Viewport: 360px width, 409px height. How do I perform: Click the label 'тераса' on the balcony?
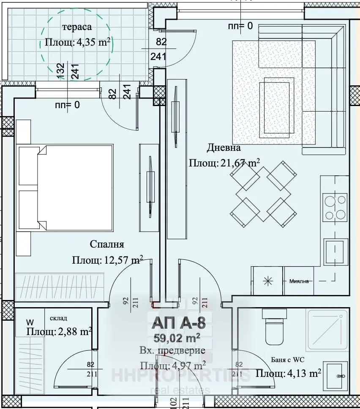tap(77, 27)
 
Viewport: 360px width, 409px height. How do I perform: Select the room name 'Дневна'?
tap(224, 148)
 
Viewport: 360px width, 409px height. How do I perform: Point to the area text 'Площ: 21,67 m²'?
tap(224, 163)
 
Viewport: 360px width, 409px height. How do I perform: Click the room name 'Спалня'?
tap(107, 244)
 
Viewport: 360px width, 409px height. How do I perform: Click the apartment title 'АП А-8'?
tap(178, 324)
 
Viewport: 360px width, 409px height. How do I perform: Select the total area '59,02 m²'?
tap(178, 338)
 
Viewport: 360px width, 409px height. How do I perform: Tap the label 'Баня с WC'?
tap(287, 360)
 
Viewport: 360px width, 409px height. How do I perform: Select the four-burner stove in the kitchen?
tap(335, 207)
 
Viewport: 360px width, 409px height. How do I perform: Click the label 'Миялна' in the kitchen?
tap(302, 281)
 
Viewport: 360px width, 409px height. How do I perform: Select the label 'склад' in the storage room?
tap(58, 318)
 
